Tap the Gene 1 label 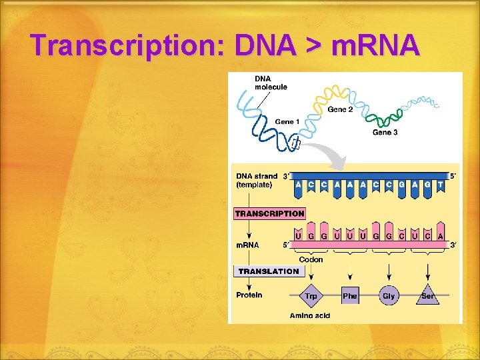287,121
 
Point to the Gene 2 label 340,109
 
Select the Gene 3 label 385,133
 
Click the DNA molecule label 271,83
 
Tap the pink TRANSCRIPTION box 269,214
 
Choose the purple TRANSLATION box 269,271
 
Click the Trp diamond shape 311,295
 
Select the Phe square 350,295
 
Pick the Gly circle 389,295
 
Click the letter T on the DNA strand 439,184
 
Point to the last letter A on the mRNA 440,236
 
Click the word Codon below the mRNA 311,259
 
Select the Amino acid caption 310,315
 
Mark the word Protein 249,295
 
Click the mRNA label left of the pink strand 247,245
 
